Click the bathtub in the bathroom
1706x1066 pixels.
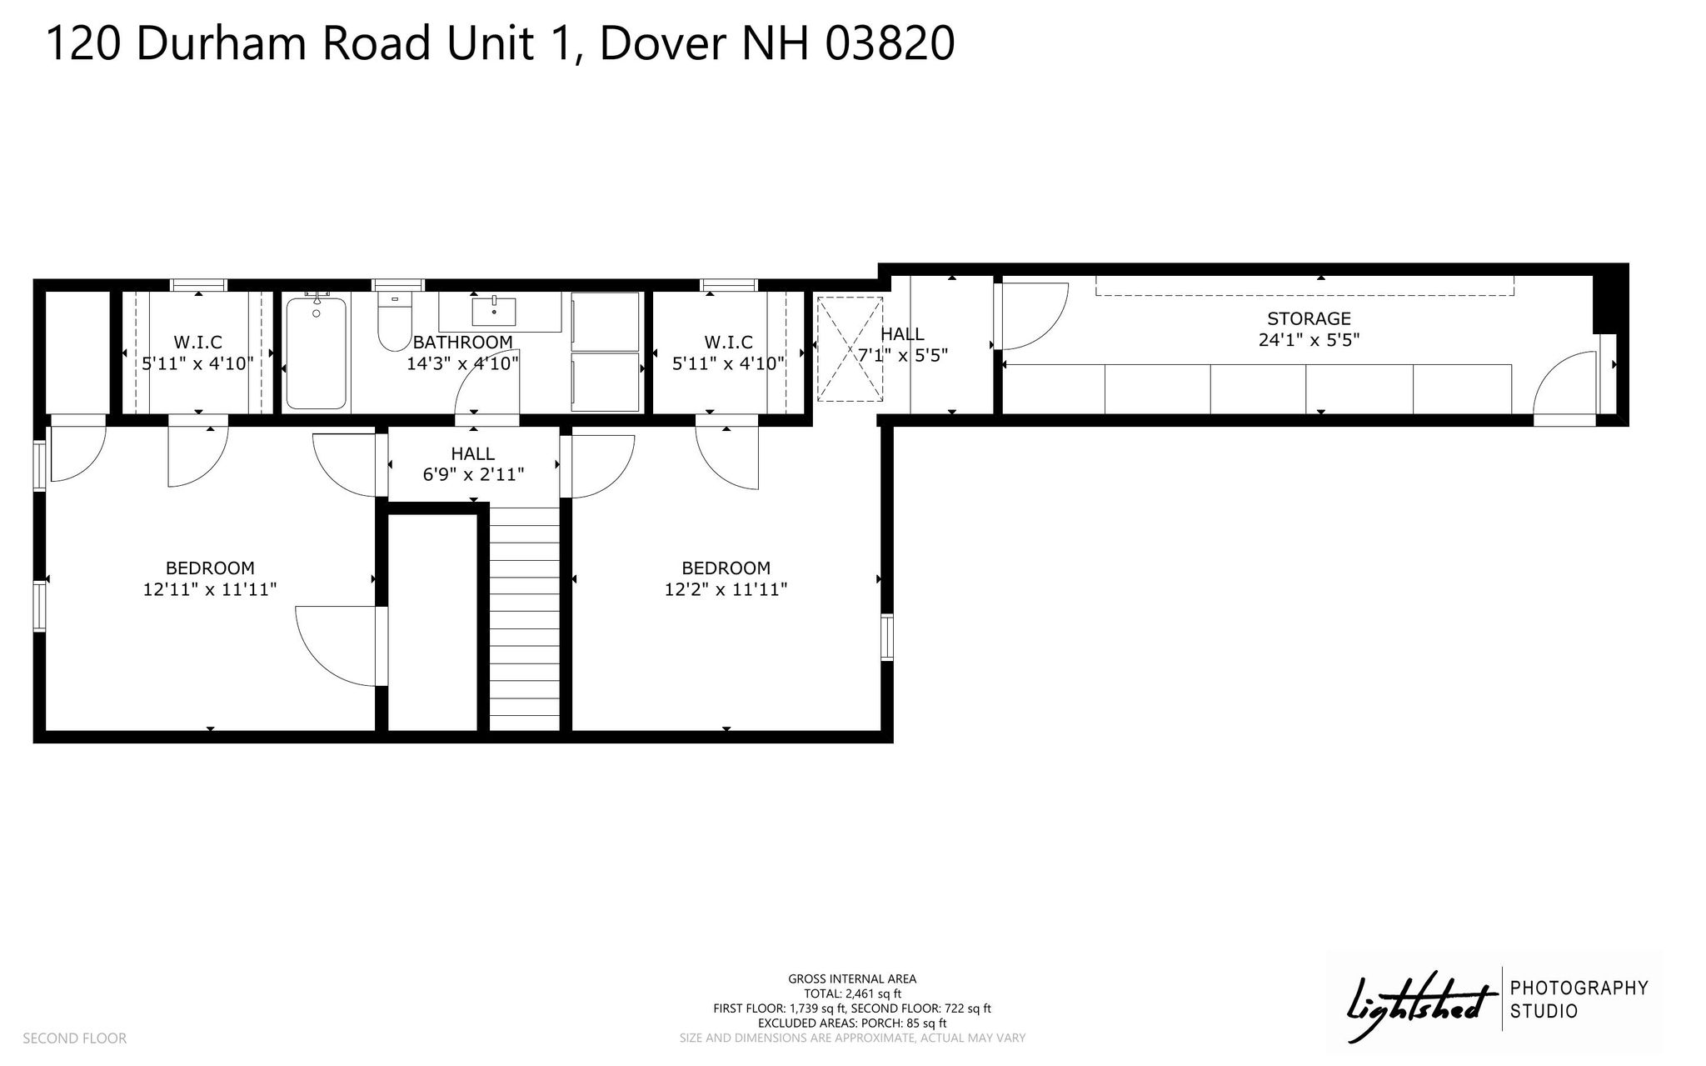click(x=316, y=353)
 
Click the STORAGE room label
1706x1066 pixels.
click(x=1309, y=318)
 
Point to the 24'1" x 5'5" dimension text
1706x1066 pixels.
click(x=1309, y=340)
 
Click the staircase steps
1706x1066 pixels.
click(x=524, y=618)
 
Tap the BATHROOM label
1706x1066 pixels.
click(x=463, y=343)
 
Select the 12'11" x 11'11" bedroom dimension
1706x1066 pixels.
click(x=210, y=589)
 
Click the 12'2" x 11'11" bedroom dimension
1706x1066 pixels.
click(x=726, y=589)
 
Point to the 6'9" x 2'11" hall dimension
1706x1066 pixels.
click(x=473, y=475)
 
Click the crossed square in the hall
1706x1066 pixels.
click(x=848, y=349)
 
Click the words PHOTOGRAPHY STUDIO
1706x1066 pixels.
click(x=1579, y=999)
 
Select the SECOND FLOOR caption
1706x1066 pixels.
click(x=74, y=1038)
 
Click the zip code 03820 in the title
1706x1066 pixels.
click(x=890, y=43)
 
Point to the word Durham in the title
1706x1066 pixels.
click(x=222, y=43)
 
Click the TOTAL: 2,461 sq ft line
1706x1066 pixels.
click(x=852, y=993)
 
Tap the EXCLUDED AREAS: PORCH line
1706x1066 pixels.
click(x=852, y=1023)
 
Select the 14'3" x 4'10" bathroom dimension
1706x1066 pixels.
click(x=463, y=363)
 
